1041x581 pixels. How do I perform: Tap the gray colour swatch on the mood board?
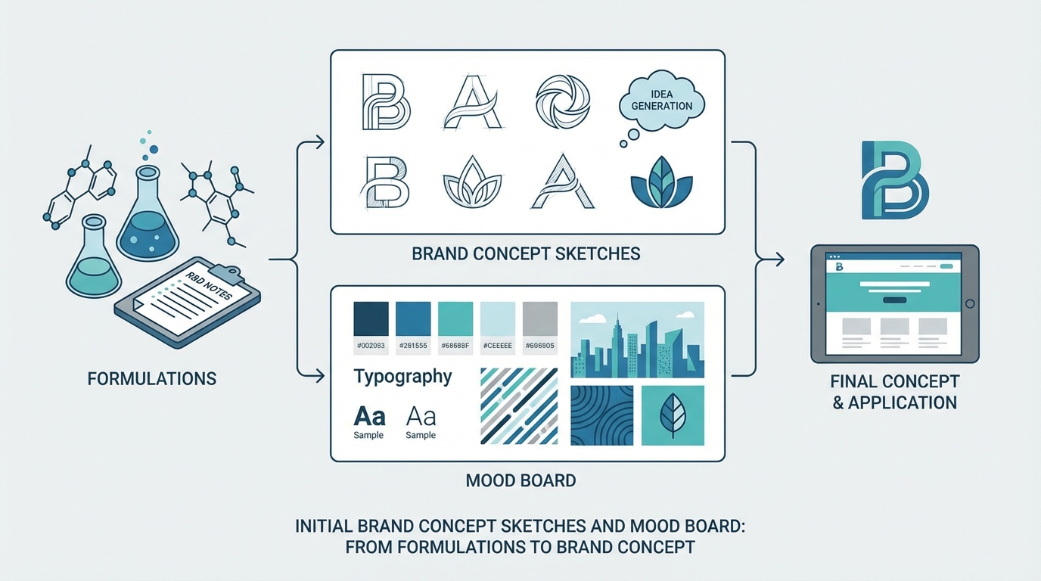pyautogui.click(x=539, y=319)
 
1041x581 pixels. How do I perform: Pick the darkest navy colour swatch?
pyautogui.click(x=371, y=319)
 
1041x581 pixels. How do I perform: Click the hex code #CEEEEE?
pyautogui.click(x=497, y=346)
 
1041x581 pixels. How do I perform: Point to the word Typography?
pyautogui.click(x=402, y=376)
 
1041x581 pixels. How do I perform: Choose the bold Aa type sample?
pyautogui.click(x=369, y=416)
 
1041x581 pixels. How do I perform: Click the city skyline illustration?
pyautogui.click(x=637, y=340)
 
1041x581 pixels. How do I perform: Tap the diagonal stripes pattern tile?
pyautogui.click(x=519, y=406)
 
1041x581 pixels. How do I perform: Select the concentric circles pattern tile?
pyautogui.click(x=601, y=415)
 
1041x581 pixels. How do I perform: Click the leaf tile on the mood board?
pyautogui.click(x=673, y=415)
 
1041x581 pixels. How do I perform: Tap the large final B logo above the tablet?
pyautogui.click(x=895, y=180)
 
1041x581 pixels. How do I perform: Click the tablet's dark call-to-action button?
pyautogui.click(x=894, y=300)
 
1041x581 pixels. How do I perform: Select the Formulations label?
pyautogui.click(x=152, y=378)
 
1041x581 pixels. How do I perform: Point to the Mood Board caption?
pyautogui.click(x=521, y=480)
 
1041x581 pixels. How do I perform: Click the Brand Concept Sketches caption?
pyautogui.click(x=526, y=253)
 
